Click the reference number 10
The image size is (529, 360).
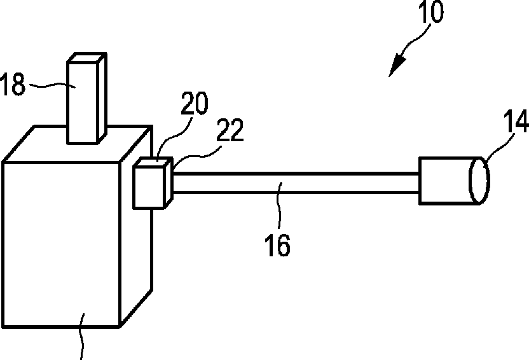431,12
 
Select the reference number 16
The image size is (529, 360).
277,245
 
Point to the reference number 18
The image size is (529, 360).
13,84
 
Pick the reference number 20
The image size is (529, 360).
195,103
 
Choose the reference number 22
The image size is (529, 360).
230,130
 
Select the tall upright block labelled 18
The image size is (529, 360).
87,99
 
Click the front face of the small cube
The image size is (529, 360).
149,187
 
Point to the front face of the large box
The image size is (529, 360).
61,245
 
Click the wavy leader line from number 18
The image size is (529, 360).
52,86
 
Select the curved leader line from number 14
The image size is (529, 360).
498,149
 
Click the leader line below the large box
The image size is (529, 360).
81,336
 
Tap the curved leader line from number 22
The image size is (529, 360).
197,156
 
